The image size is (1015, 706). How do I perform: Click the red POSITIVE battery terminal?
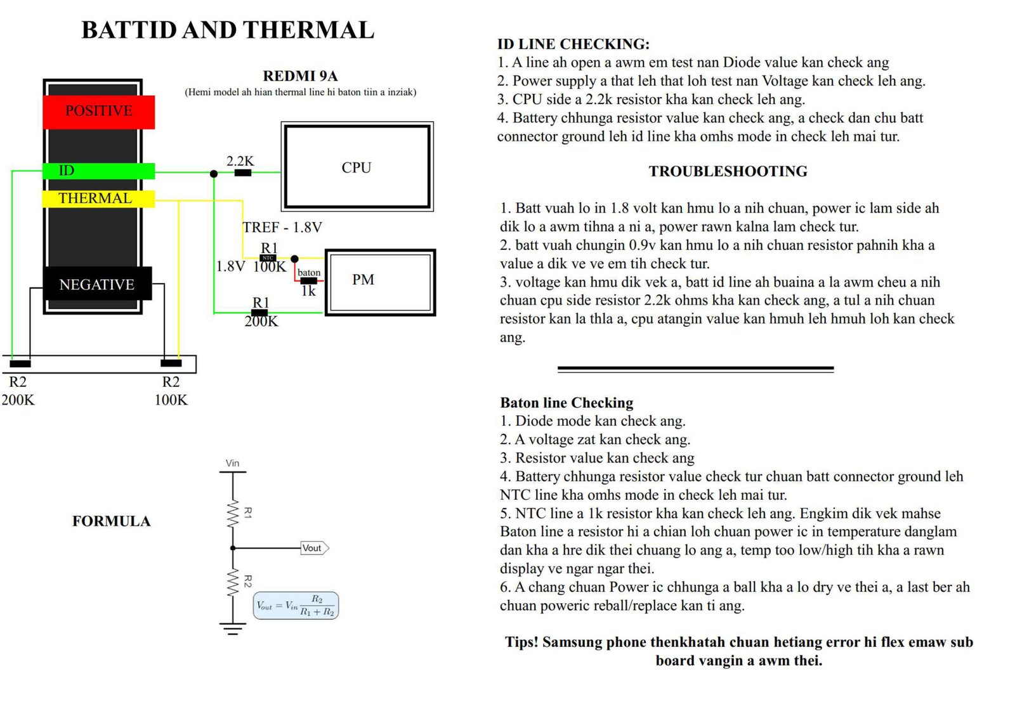pyautogui.click(x=99, y=112)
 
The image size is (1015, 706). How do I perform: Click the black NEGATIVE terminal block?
pyautogui.click(x=97, y=284)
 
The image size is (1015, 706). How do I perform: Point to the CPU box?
pyautogui.click(x=357, y=167)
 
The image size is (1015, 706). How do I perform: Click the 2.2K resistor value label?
pyautogui.click(x=240, y=161)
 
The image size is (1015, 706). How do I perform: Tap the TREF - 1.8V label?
pyautogui.click(x=282, y=227)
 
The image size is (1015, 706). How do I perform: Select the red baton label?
pyautogui.click(x=309, y=273)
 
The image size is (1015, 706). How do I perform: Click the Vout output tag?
pyautogui.click(x=313, y=548)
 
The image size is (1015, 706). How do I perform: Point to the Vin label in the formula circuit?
pyautogui.click(x=233, y=463)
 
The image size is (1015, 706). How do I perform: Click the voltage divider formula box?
pyautogui.click(x=296, y=606)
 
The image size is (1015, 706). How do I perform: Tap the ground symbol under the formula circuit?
pyautogui.click(x=233, y=629)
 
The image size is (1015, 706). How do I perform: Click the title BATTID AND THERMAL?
pyautogui.click(x=228, y=30)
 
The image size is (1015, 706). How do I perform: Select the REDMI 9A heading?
pyautogui.click(x=300, y=76)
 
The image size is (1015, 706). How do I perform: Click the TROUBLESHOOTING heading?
pyautogui.click(x=728, y=171)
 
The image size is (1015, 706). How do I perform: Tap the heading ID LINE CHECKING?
pyautogui.click(x=573, y=44)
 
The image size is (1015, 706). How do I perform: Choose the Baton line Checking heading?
pyautogui.click(x=566, y=403)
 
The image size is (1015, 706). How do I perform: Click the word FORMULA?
pyautogui.click(x=112, y=521)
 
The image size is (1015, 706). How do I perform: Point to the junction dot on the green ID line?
pyautogui.click(x=214, y=173)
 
